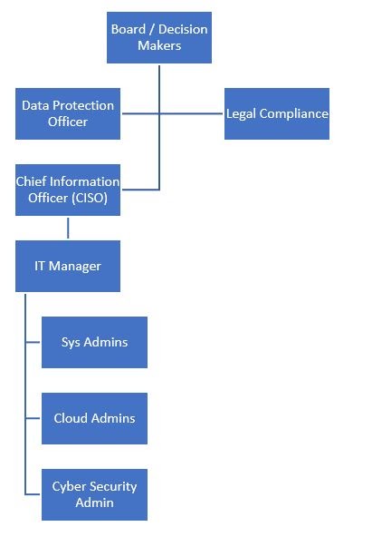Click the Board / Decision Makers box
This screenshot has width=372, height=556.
(159, 37)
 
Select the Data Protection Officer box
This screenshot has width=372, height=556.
(68, 113)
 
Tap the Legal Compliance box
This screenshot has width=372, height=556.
(277, 113)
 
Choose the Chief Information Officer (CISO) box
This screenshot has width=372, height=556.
(68, 190)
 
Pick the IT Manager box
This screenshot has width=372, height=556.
(68, 267)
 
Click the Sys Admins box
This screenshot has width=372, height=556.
(94, 342)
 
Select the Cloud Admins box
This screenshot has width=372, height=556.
(94, 418)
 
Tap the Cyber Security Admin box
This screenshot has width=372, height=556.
(94, 494)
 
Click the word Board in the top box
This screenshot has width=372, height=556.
(129, 29)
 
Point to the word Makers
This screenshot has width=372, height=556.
(159, 45)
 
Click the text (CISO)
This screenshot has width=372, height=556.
(90, 198)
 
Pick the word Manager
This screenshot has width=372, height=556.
(75, 267)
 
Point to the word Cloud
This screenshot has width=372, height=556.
(68, 418)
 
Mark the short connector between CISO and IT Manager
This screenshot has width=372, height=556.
(68, 228)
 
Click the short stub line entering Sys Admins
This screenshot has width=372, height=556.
(33, 342)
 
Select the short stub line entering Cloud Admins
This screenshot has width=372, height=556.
(33, 418)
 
